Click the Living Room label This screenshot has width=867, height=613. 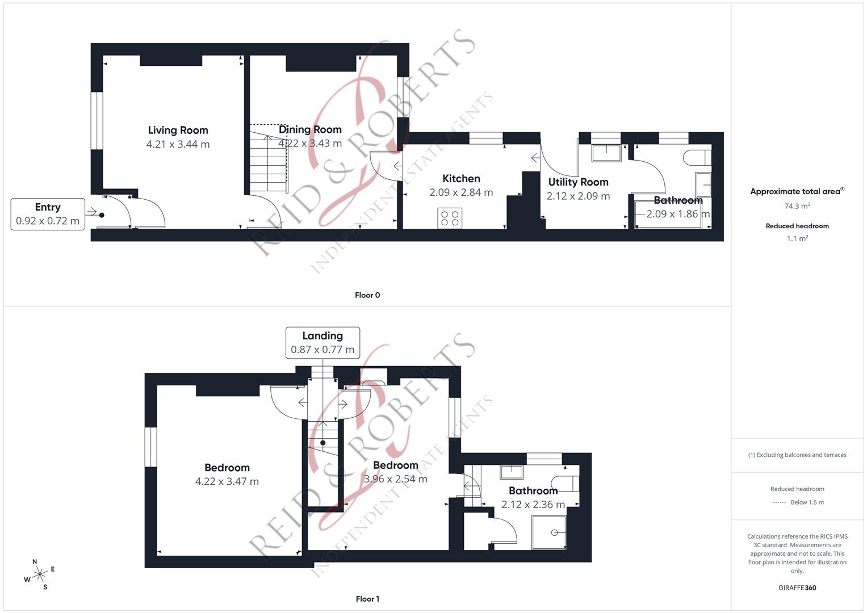[178, 131]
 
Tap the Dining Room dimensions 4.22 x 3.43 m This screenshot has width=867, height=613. [310, 143]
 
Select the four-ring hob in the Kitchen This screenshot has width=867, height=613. [450, 219]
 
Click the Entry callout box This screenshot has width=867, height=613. [48, 214]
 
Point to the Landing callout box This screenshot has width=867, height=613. [323, 342]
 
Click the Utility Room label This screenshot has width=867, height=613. [578, 182]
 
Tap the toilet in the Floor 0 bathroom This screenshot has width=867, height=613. [697, 158]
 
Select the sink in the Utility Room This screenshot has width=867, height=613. [606, 153]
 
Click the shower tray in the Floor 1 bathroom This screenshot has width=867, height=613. [549, 532]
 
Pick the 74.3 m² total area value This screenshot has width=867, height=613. [797, 206]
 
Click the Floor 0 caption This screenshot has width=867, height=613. [367, 295]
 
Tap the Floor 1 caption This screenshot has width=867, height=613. [367, 599]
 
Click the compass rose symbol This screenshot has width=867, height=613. [39, 574]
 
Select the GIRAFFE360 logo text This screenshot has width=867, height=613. [797, 588]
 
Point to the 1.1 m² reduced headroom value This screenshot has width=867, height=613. [797, 238]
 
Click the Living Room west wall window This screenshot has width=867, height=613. [97, 120]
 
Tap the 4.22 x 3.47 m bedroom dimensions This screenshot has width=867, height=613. [227, 481]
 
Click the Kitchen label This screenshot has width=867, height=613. [462, 178]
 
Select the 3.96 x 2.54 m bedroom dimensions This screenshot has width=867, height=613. [396, 479]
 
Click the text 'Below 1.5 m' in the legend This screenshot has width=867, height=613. [807, 502]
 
